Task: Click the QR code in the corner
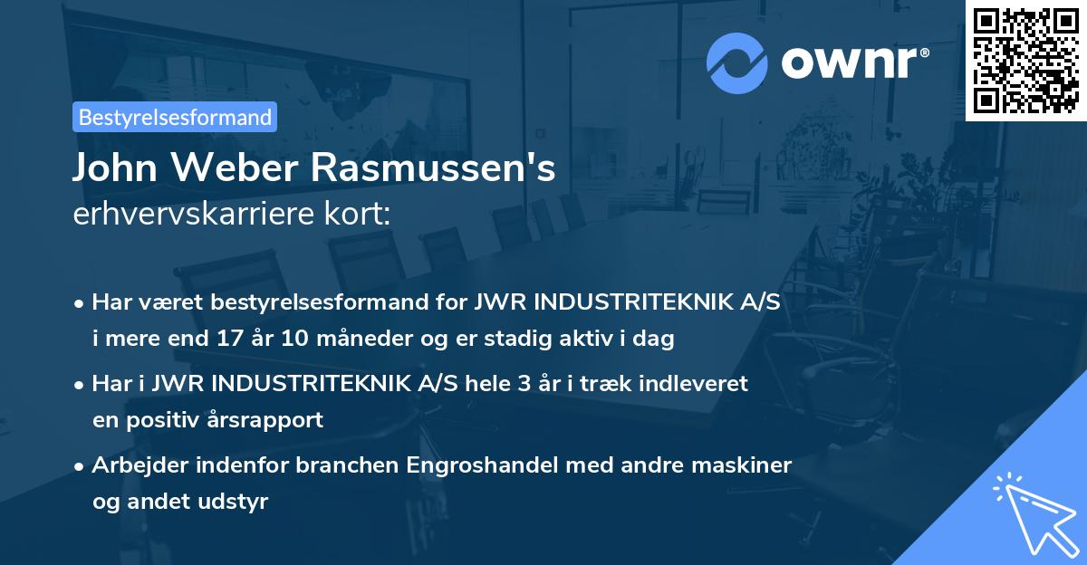[1025, 60]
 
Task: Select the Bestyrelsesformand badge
[175, 117]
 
